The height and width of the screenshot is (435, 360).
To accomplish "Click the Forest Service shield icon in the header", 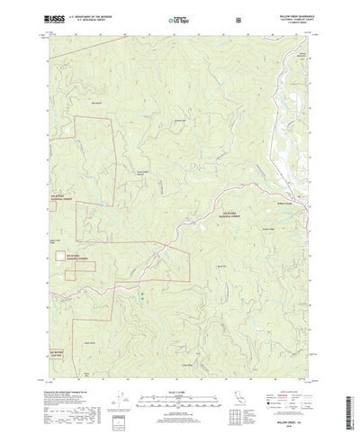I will click(x=237, y=17).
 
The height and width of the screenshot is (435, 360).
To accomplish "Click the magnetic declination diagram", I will click(x=126, y=378).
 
